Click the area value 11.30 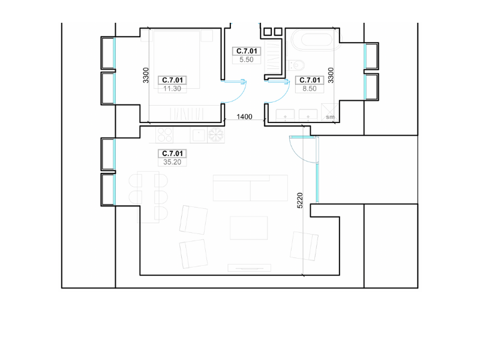[172, 89]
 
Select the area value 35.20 [172, 162]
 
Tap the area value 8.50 [310, 89]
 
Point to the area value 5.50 [247, 59]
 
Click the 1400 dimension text [244, 116]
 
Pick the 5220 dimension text [300, 200]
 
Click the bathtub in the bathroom [316, 40]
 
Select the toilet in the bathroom [296, 65]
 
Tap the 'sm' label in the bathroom [330, 117]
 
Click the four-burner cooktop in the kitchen [164, 134]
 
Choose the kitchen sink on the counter [199, 135]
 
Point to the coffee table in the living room [248, 228]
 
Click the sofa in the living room [250, 188]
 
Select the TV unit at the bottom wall [250, 268]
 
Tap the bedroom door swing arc [239, 96]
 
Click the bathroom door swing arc [282, 96]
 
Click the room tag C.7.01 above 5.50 [247, 51]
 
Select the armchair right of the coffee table [304, 246]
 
